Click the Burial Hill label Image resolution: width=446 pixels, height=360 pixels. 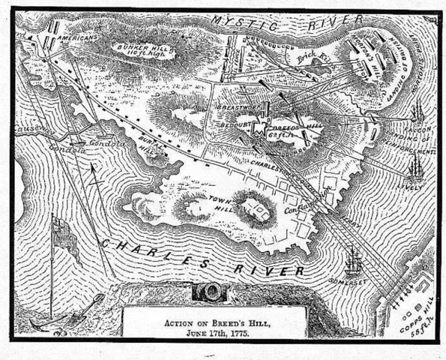148,150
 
